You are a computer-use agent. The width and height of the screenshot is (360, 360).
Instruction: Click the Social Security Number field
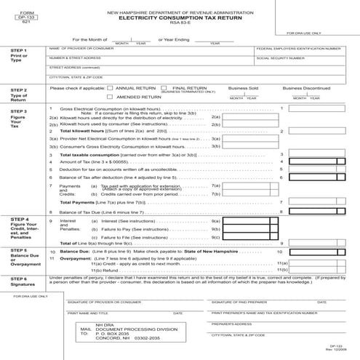[298, 61]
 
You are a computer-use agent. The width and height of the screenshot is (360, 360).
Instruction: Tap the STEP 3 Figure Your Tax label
[20, 118]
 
